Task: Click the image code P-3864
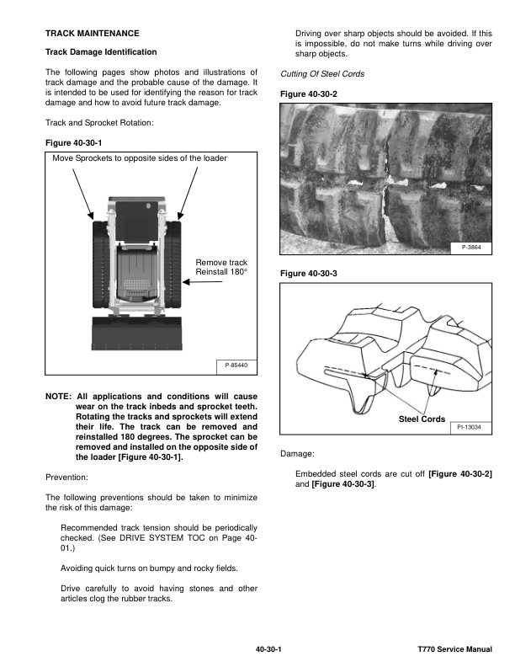coord(472,248)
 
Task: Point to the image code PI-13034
coord(470,428)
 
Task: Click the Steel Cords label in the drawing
coord(422,419)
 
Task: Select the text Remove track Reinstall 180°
coord(221,268)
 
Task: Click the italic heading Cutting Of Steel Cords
coord(321,74)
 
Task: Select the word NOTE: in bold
coord(58,396)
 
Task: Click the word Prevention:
coord(69,477)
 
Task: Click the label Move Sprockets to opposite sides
coord(140,158)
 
